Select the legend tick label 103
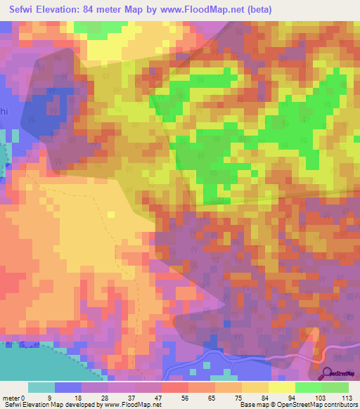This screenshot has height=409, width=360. point(323,397)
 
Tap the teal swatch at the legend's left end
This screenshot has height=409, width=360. point(41,387)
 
